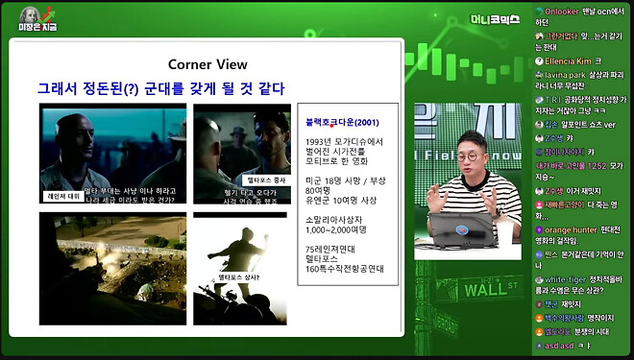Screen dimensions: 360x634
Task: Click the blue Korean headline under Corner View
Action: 160,88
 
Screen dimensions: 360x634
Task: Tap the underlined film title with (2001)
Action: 337,123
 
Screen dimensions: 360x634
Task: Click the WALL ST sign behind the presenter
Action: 490,288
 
